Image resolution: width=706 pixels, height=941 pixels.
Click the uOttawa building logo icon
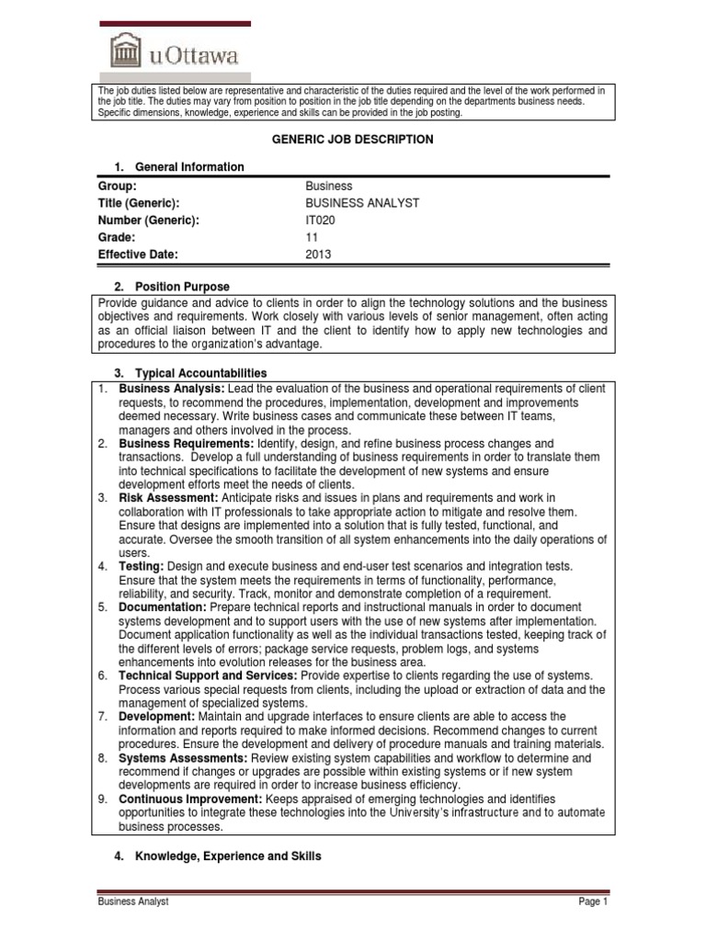tap(126, 50)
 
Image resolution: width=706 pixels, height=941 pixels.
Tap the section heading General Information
tap(189, 166)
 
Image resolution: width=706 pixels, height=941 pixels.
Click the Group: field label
tap(117, 186)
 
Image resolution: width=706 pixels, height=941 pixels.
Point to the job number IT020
tap(321, 220)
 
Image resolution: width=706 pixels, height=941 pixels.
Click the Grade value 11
tap(312, 237)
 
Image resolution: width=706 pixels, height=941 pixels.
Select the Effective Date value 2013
tap(318, 255)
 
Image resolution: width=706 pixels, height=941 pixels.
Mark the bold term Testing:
tap(141, 565)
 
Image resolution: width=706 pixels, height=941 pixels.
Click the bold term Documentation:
tap(163, 607)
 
